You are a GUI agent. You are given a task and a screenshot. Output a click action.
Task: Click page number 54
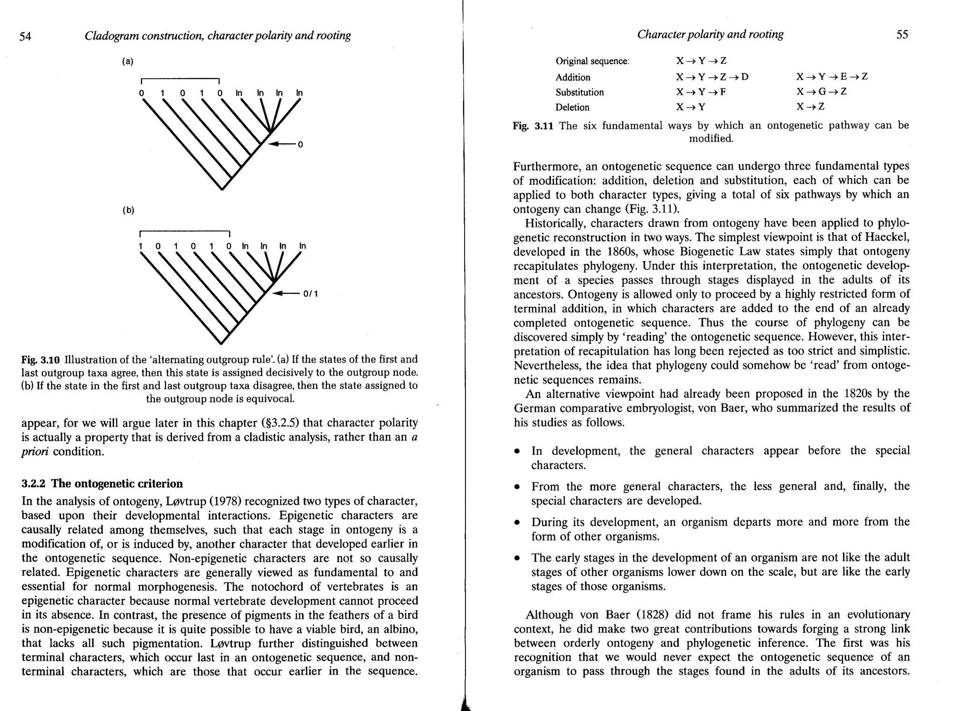tap(26, 36)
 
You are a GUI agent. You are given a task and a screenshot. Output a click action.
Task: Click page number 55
tap(902, 35)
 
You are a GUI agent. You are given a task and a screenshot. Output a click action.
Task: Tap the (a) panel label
tap(128, 61)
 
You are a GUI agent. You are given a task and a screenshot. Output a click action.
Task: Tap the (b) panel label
tap(128, 210)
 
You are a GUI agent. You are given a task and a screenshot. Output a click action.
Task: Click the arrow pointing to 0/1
tap(285, 294)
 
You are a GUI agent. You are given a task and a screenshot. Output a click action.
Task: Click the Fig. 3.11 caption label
tap(533, 126)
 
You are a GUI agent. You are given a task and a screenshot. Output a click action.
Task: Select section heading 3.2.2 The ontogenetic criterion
tap(102, 483)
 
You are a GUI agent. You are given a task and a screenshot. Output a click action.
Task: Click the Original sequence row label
tap(592, 61)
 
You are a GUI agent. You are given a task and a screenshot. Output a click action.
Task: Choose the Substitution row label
tap(580, 92)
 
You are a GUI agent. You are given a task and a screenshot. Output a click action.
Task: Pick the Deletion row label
tap(572, 107)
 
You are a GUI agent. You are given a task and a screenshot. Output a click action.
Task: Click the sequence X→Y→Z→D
tap(712, 77)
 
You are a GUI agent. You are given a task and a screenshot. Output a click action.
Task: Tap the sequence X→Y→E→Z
tap(832, 76)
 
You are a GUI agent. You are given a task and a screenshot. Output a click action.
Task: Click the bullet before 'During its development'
tap(517, 523)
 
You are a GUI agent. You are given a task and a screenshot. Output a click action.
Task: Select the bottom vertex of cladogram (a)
tap(222, 189)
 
